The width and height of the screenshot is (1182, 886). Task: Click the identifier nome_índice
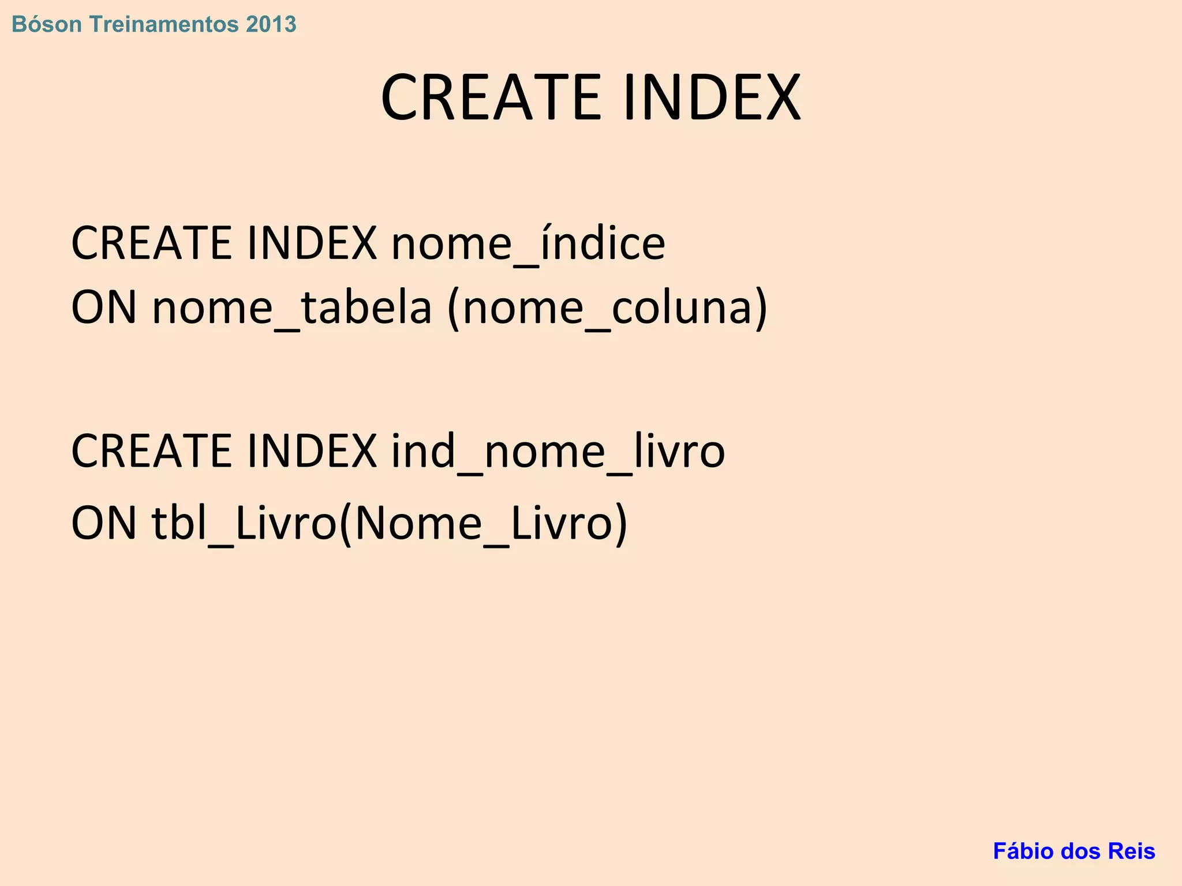tap(528, 243)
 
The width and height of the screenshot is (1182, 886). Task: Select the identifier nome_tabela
tap(292, 307)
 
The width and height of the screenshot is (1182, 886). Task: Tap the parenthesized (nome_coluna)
tap(608, 307)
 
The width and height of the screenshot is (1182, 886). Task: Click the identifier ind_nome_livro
tap(558, 450)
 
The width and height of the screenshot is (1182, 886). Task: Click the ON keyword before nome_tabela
tap(104, 307)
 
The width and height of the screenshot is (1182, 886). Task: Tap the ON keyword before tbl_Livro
tap(104, 523)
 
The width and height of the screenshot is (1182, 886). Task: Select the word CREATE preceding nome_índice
tap(151, 243)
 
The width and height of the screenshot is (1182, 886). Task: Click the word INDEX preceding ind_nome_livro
tap(312, 450)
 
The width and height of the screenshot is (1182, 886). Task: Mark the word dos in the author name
tap(1081, 851)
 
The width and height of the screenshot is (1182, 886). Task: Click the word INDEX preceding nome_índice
tap(312, 243)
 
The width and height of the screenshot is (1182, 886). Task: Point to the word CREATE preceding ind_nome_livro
tap(151, 450)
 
